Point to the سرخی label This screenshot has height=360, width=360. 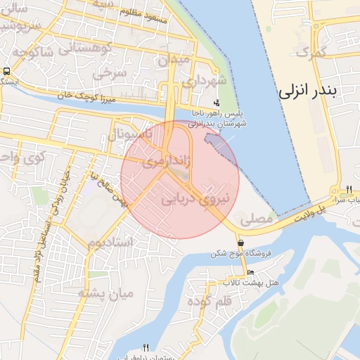(112, 72)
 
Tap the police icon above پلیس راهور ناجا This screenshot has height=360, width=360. (206, 103)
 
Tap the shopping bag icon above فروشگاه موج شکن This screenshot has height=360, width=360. (240, 244)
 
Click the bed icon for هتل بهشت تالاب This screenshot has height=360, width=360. (251, 273)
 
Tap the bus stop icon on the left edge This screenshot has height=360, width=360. (6, 71)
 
